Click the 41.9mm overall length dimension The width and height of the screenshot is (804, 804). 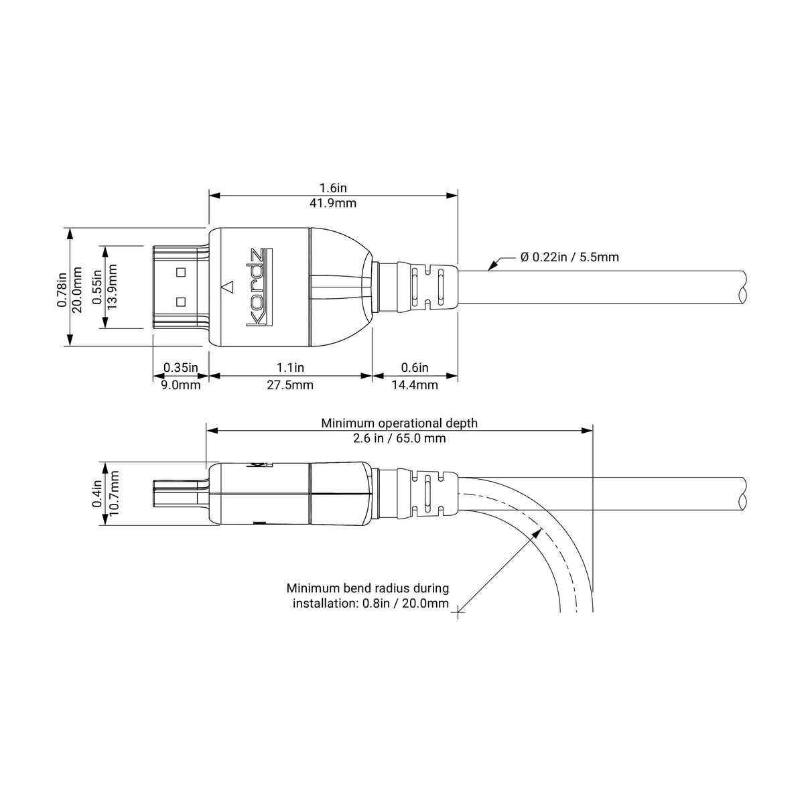click(332, 203)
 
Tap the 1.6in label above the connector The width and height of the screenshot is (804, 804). click(333, 188)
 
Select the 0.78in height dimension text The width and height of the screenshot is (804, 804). click(62, 289)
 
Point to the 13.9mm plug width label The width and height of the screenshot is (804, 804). click(112, 286)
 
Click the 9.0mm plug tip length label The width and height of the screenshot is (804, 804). click(181, 385)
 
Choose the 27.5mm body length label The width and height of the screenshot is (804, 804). click(290, 385)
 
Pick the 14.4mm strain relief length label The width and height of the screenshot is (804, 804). click(414, 385)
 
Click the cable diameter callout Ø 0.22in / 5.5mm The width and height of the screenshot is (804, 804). click(569, 257)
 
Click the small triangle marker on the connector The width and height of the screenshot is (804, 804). click(227, 287)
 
